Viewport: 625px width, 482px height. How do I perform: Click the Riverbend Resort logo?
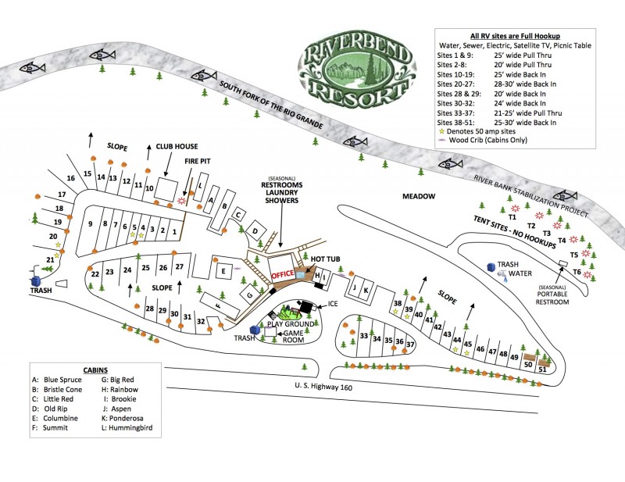coord(354,71)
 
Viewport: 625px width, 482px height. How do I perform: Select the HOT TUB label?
coord(327,259)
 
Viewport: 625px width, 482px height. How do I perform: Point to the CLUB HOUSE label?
coord(177,146)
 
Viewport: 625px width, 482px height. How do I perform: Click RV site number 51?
coord(542,370)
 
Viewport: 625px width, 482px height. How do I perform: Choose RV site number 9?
coord(91,224)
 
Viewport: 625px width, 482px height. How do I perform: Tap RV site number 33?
coord(364,337)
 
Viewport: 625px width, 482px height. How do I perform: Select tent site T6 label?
coord(577,272)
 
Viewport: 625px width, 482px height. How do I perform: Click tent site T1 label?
coord(513,217)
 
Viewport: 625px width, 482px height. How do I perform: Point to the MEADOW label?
coord(419,196)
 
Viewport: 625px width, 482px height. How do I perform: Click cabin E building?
coord(223,271)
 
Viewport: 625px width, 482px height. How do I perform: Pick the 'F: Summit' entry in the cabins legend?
coord(54,428)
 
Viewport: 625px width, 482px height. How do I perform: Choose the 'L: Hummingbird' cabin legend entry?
coord(127,428)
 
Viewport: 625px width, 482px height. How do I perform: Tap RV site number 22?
coord(95,273)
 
